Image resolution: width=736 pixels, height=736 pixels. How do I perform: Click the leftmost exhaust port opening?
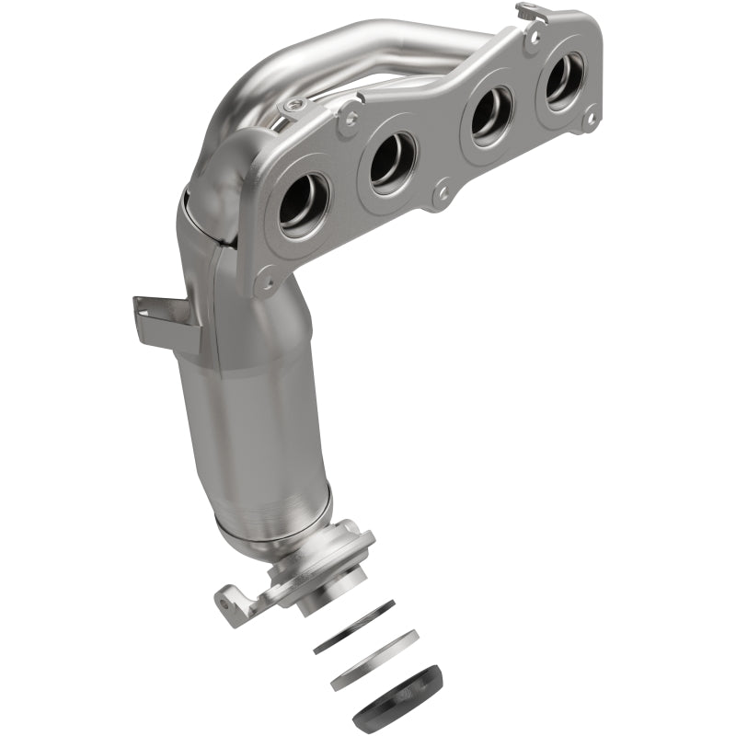click(x=303, y=200)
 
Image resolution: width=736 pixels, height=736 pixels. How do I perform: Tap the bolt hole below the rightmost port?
click(x=589, y=118)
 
